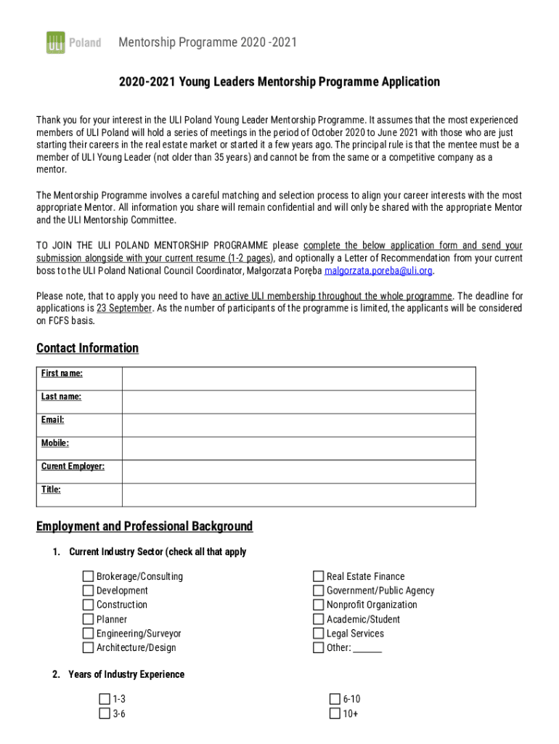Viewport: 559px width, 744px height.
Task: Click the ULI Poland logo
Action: pyautogui.click(x=73, y=43)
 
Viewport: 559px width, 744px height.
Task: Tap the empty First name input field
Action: pyautogui.click(x=298, y=379)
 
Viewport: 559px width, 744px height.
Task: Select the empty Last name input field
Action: pyautogui.click(x=298, y=402)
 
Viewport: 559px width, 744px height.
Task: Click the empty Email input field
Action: pyautogui.click(x=298, y=425)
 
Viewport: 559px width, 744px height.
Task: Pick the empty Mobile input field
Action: pyautogui.click(x=298, y=448)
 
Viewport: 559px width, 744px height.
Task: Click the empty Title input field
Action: pyautogui.click(x=298, y=495)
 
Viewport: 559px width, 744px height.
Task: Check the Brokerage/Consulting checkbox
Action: pyautogui.click(x=89, y=577)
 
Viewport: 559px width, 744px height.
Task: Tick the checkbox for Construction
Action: pyautogui.click(x=89, y=605)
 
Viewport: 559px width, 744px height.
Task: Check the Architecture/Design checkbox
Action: pyautogui.click(x=89, y=648)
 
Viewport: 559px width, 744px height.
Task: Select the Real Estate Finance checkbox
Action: pyautogui.click(x=319, y=577)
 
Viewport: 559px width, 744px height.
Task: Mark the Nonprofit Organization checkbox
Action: pyautogui.click(x=319, y=605)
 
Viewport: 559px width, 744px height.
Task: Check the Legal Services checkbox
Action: pyautogui.click(x=319, y=634)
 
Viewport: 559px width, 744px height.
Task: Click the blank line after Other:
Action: pyautogui.click(x=368, y=648)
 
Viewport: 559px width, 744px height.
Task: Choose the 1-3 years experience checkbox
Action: pyautogui.click(x=105, y=700)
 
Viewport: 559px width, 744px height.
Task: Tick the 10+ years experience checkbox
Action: pyautogui.click(x=335, y=713)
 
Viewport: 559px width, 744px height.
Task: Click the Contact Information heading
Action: pyautogui.click(x=87, y=348)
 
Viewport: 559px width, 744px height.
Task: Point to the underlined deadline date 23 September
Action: pyautogui.click(x=124, y=308)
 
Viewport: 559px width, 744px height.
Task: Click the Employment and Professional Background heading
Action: pyautogui.click(x=144, y=526)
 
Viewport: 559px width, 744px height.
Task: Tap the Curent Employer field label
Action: pyautogui.click(x=73, y=466)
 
